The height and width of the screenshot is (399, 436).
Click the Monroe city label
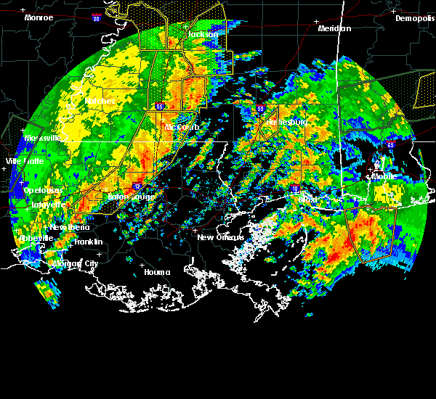pos(39,17)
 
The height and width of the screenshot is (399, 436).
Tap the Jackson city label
pos(203,34)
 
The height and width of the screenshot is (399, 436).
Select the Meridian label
pos(334,28)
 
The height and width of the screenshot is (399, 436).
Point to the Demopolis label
pos(414,18)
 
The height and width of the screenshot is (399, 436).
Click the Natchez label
pos(100,102)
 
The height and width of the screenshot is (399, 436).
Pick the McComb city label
pos(182,127)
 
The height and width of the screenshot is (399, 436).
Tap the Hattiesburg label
pos(283,122)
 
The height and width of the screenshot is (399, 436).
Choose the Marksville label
pos(41,138)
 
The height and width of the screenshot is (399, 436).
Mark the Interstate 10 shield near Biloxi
pos(295,188)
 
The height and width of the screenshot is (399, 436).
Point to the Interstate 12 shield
pos(135,186)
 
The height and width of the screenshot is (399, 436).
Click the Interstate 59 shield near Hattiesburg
pos(260,109)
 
